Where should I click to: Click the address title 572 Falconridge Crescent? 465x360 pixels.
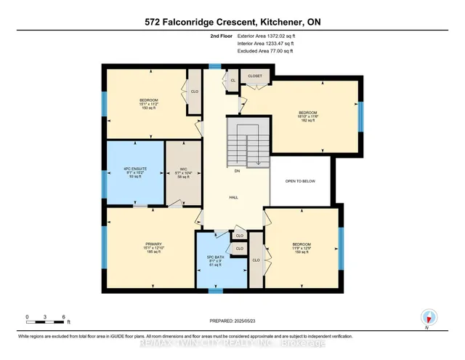click(232, 22)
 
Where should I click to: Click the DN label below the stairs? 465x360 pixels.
click(237, 172)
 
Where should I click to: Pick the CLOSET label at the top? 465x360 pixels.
click(254, 75)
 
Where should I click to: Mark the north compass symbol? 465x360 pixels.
click(429, 316)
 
